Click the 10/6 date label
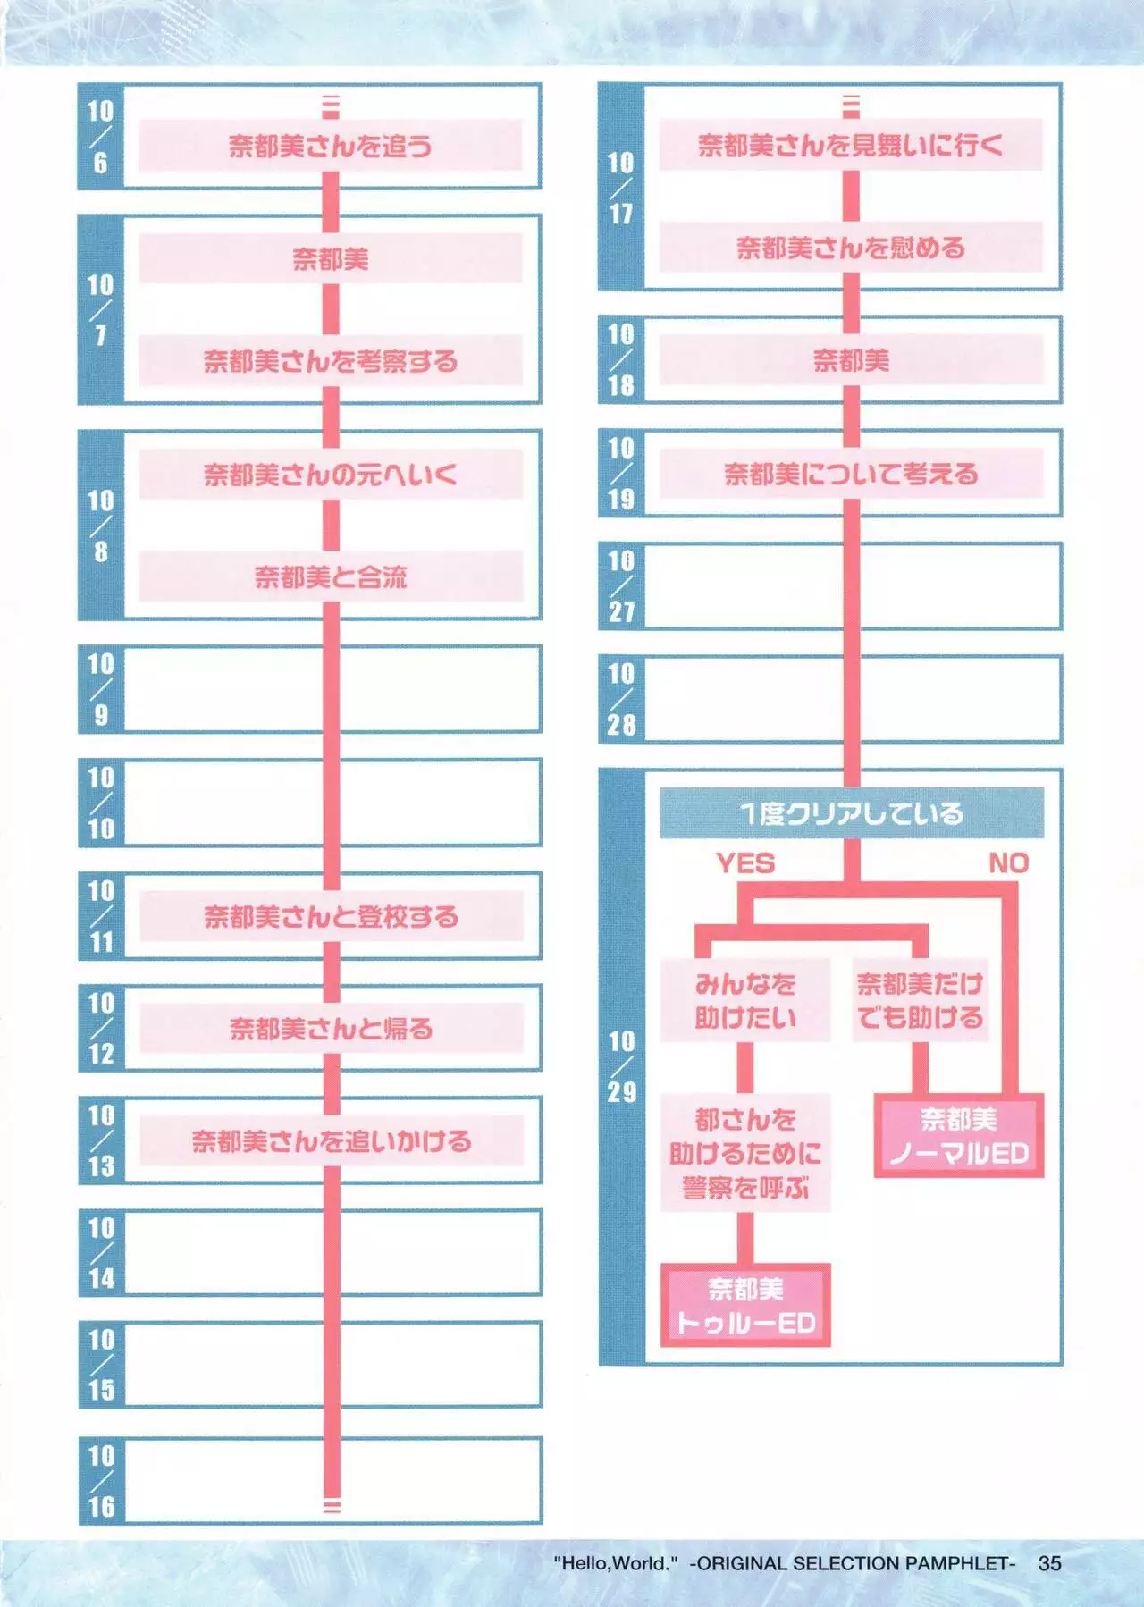click(x=100, y=137)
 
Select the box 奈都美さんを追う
click(x=331, y=145)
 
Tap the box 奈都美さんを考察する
click(x=331, y=360)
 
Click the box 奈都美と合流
click(x=331, y=576)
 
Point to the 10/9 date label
click(x=100, y=689)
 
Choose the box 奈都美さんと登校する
click(x=331, y=916)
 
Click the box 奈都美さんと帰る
click(x=331, y=1029)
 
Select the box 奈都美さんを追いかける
click(x=331, y=1141)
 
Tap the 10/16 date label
click(x=101, y=1481)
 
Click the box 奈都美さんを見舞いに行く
click(x=851, y=145)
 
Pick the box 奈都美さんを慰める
click(x=851, y=247)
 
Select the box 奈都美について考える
click(x=851, y=474)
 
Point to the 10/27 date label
click(x=621, y=586)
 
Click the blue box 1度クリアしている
click(x=851, y=812)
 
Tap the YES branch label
click(x=745, y=863)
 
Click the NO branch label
click(x=1008, y=863)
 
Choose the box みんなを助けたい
click(x=745, y=1001)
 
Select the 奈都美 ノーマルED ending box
click(x=959, y=1136)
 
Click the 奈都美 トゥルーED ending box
click(x=745, y=1306)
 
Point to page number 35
click(x=1049, y=1563)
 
